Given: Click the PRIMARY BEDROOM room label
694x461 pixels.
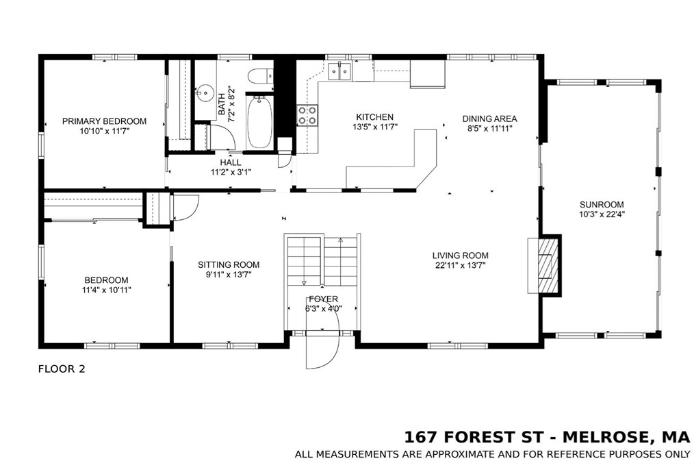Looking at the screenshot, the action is coord(104,121).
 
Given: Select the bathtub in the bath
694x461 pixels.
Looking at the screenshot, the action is coord(260,122).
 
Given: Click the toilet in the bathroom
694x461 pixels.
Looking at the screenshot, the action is coord(261,76).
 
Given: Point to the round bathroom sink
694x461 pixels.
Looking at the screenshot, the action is coord(204,93).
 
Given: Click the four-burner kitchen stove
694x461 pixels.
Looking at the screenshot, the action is coord(307,114).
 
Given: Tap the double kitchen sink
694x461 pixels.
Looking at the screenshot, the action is coord(339,71).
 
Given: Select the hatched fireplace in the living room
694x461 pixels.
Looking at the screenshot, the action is coord(548,266).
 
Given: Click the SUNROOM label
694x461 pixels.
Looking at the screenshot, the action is coord(602,205).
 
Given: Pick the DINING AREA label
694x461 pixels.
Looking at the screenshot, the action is coord(489,119).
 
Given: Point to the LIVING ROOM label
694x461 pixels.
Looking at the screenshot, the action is coord(461,256).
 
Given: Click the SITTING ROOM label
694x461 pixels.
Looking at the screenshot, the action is coord(229,265).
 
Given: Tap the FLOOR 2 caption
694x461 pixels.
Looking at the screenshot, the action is coord(62,369).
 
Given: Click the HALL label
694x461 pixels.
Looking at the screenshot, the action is coord(231,162).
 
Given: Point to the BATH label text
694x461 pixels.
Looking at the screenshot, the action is coord(221,103).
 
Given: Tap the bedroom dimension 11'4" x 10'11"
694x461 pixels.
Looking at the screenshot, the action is coord(106,290).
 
